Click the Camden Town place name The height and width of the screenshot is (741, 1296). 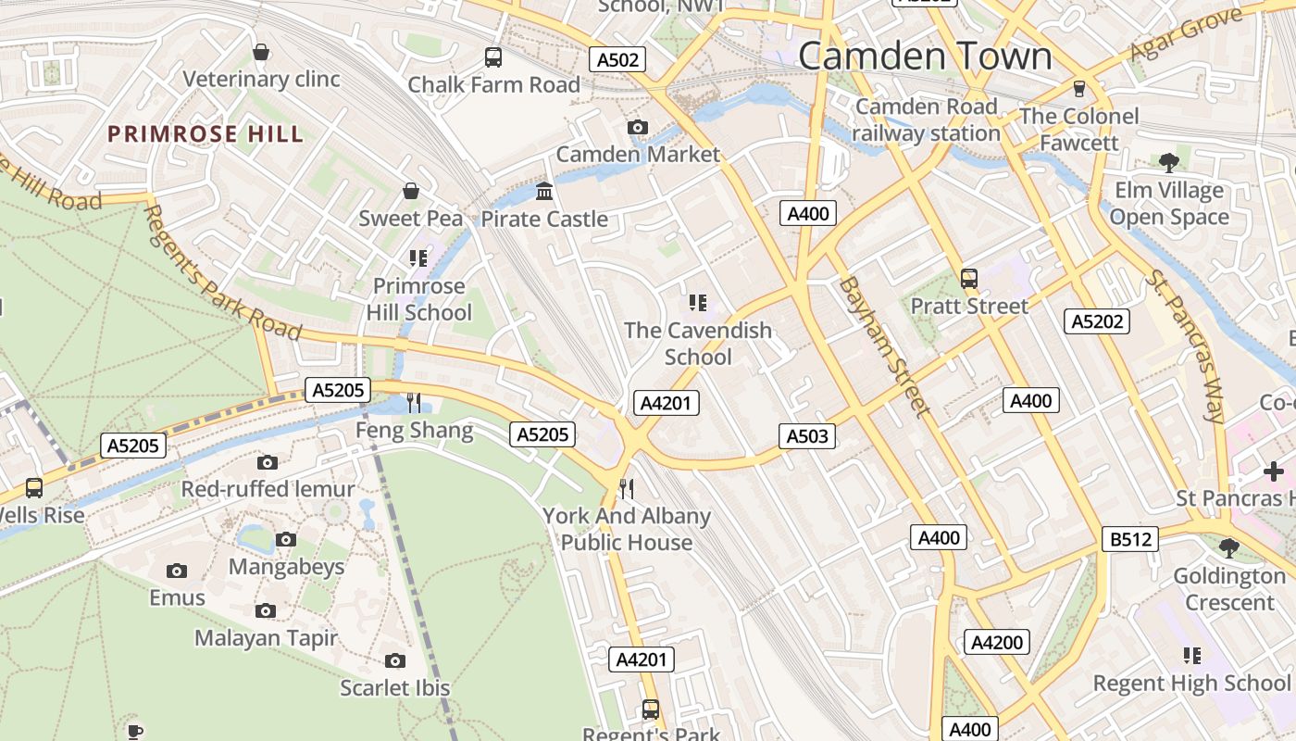coord(925,56)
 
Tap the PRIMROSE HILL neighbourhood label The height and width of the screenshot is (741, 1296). coord(206,134)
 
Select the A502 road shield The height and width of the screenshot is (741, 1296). coord(617,60)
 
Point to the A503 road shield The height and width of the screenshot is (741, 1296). coord(807,435)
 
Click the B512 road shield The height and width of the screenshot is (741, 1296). coord(1130,538)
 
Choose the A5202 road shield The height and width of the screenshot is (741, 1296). coord(1098,321)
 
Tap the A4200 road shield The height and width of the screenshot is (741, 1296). coord(997,642)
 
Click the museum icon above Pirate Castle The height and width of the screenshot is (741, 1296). coord(544,192)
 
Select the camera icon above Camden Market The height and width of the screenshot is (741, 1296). coord(637,127)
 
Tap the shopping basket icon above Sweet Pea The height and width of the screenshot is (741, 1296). coord(411,191)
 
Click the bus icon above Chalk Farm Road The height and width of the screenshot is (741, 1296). coord(493,57)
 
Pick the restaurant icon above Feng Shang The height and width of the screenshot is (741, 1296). coord(414,403)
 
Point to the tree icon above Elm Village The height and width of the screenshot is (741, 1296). coord(1169,163)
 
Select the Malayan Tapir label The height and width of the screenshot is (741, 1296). coord(266,638)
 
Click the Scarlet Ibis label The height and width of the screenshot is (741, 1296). coord(394,688)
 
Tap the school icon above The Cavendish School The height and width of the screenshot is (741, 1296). coord(698,302)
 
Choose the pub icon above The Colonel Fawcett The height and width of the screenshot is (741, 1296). coord(1078,88)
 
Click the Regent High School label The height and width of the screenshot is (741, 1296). coord(1191,684)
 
